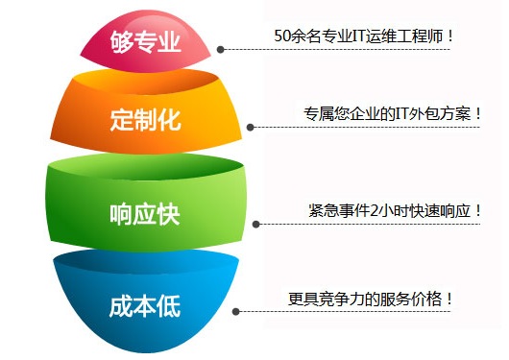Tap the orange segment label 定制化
pos(145,120)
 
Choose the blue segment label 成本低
pos(145,306)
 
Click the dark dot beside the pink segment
pos(221,49)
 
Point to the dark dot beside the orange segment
pos(250,127)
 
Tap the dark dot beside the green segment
pos(255,224)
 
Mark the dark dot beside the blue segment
pos(237,311)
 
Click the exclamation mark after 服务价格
pos(448,299)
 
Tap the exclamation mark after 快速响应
pos(477,210)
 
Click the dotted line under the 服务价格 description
pos(365,312)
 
